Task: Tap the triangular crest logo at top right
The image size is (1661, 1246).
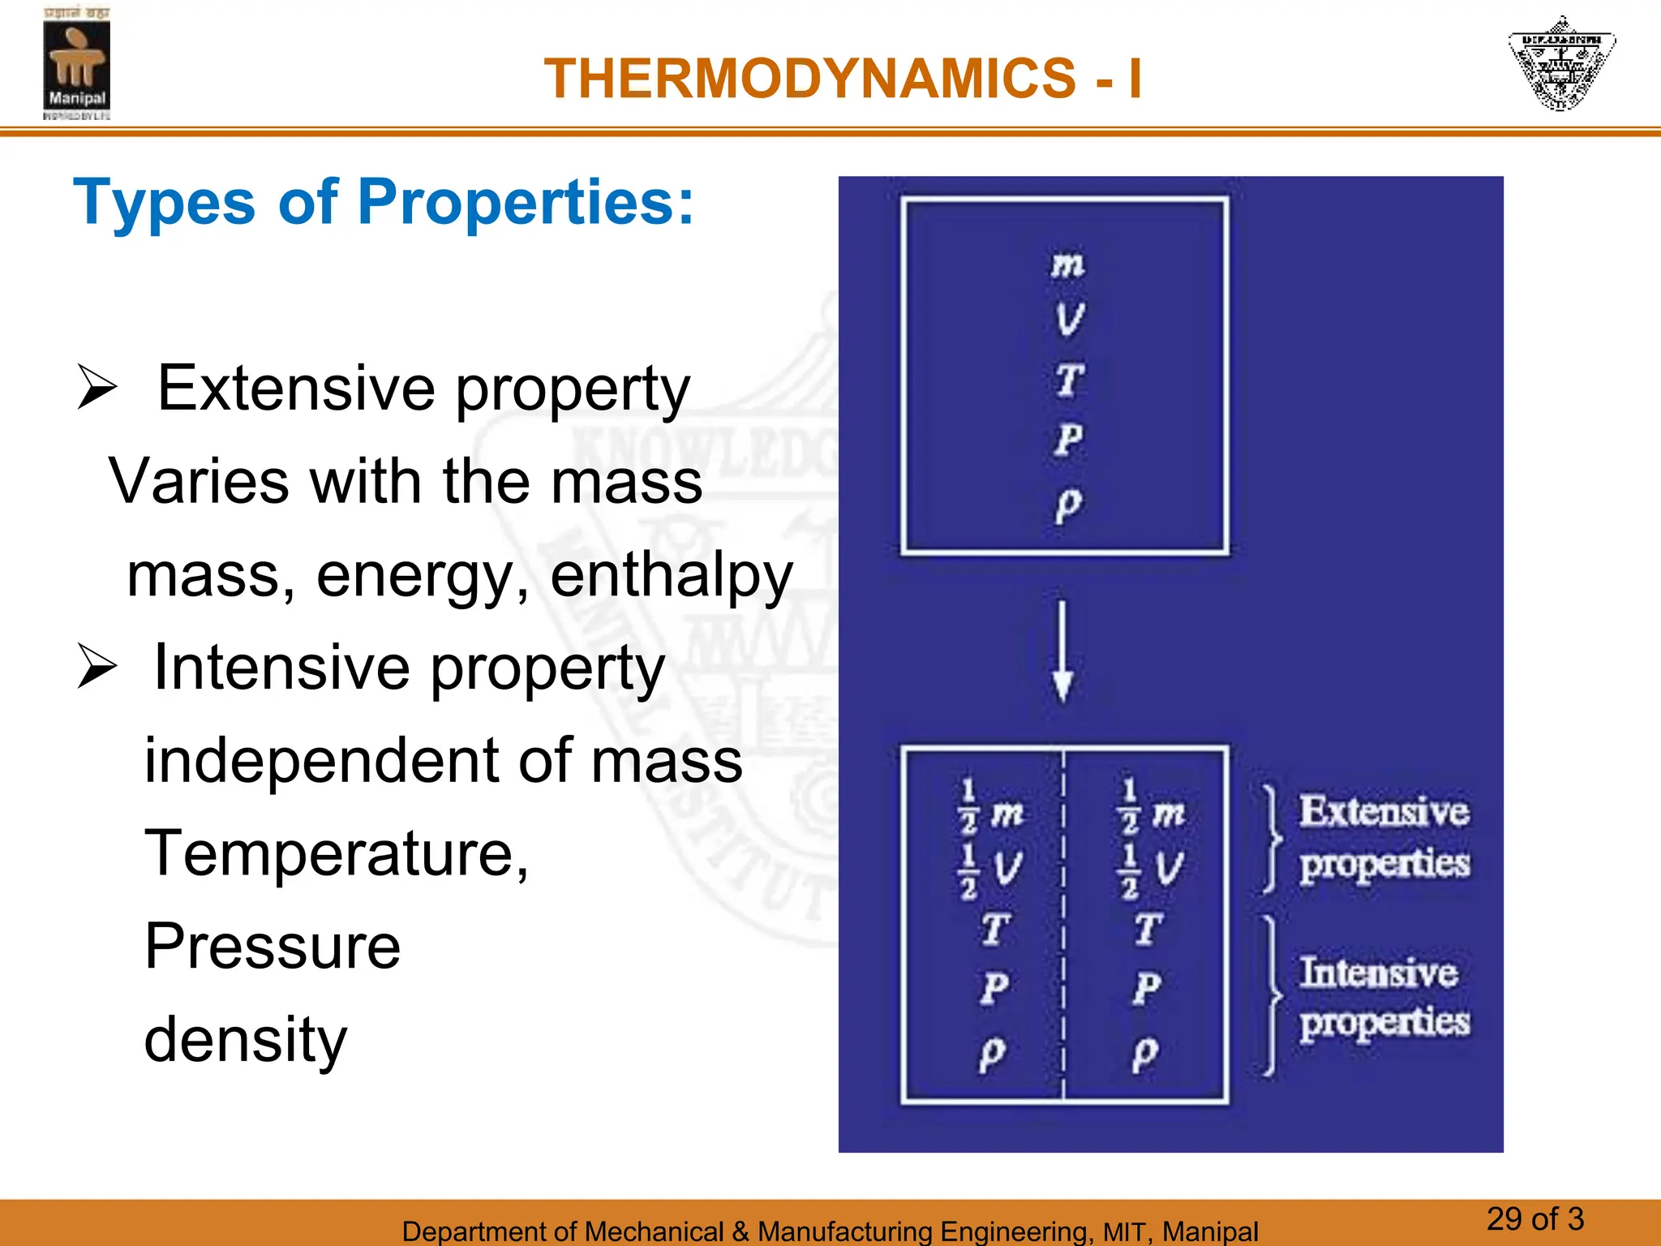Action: (1561, 63)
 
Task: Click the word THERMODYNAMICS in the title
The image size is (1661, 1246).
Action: (809, 79)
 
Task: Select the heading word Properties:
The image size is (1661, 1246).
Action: (526, 202)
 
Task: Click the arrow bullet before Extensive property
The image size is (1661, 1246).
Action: (97, 388)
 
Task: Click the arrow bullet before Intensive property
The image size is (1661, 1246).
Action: (97, 667)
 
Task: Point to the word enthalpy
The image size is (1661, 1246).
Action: (671, 575)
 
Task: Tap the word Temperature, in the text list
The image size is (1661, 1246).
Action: (336, 853)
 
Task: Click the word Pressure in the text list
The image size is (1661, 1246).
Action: (273, 947)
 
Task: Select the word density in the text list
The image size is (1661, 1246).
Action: (245, 1040)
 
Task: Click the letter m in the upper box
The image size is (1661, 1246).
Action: (1067, 264)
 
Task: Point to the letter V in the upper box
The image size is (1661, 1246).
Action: (1069, 319)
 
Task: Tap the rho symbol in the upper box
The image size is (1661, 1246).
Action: (1067, 505)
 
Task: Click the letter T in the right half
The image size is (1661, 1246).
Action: (1148, 929)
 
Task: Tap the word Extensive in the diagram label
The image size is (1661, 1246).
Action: (1384, 811)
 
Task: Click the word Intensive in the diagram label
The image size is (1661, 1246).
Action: (1378, 972)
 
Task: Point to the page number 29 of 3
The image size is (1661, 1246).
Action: (1534, 1219)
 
